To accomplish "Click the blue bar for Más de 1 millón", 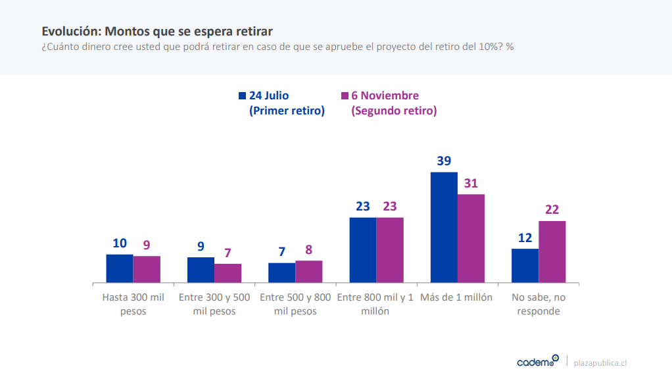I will (x=444, y=228).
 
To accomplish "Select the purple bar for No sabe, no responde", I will (x=552, y=252).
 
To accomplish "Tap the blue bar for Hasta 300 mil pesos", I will (x=120, y=268).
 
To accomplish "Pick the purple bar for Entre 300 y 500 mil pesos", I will (x=228, y=273).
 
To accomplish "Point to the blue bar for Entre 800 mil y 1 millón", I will (x=363, y=250).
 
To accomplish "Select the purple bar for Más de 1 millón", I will (x=471, y=238).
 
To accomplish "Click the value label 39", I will (x=444, y=161).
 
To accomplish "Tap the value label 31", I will (x=471, y=184).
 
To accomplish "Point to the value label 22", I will (x=552, y=210).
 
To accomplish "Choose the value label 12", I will (x=525, y=238).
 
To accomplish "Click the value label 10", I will (x=120, y=243).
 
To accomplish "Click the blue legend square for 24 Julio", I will (x=242, y=96).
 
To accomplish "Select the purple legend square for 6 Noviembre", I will (x=344, y=96).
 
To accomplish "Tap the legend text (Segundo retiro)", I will (x=395, y=111).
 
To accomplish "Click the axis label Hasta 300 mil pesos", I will (x=133, y=304).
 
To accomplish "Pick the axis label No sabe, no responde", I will (x=539, y=304).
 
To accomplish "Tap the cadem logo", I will (x=537, y=361).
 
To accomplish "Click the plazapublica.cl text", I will (x=600, y=363).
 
